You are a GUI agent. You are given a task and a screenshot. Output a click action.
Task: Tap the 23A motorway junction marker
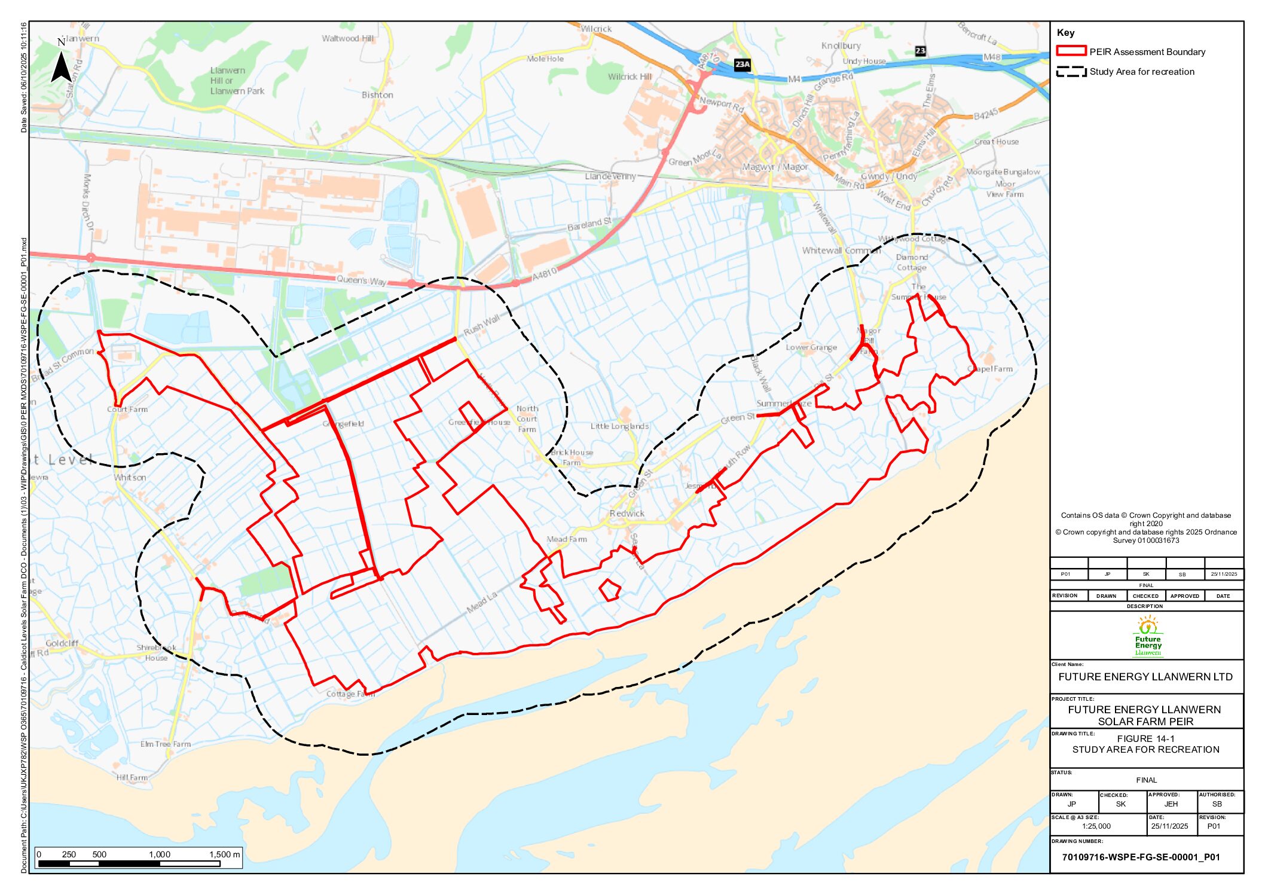pos(742,64)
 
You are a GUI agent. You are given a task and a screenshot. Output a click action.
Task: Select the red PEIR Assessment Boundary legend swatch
pos(1071,51)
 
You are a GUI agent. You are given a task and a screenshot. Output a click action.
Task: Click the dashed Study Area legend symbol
pos(1071,72)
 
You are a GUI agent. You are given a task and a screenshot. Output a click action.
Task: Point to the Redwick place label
pos(627,514)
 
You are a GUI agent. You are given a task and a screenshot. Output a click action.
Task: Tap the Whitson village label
pos(130,478)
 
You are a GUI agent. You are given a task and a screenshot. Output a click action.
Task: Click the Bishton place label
pos(377,95)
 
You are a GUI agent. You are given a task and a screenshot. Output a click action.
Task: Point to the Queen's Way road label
pos(361,280)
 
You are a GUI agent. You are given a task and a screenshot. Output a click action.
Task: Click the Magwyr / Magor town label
pos(775,167)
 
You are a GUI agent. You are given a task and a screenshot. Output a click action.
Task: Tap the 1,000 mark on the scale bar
pos(160,854)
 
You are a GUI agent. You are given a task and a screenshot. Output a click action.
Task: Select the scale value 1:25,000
pos(1096,826)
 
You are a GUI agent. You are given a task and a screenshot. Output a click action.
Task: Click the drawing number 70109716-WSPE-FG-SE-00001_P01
pos(1141,857)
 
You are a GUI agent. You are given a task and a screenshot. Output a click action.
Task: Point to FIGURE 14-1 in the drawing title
pos(1145,738)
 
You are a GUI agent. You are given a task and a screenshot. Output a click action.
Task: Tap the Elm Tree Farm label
pos(166,744)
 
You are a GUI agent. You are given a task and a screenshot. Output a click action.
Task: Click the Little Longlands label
pos(619,426)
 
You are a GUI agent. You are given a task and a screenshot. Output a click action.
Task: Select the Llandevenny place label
pos(610,176)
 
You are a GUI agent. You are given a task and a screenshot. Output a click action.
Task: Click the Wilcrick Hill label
pos(630,77)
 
